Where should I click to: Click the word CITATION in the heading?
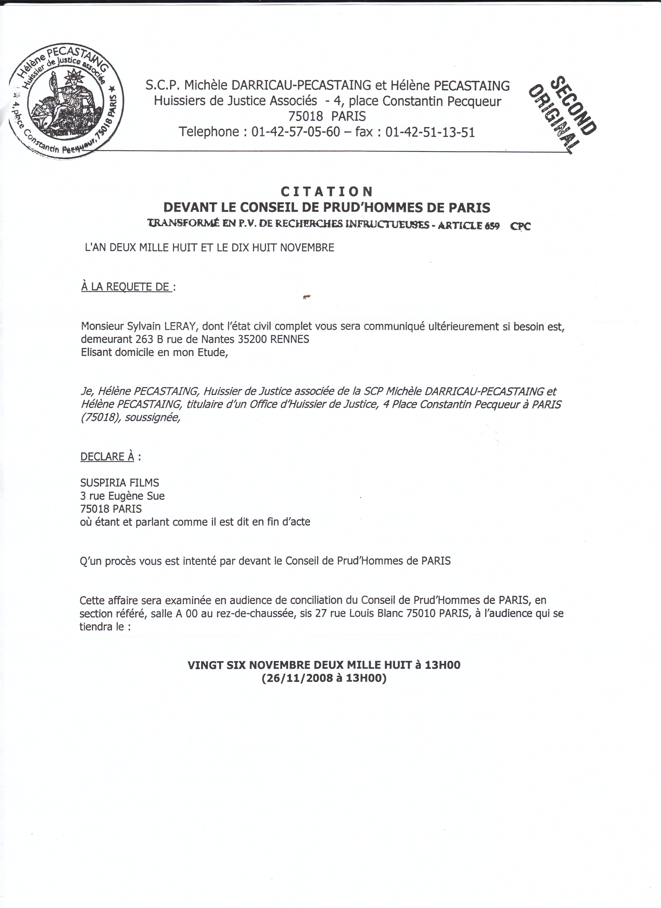327,192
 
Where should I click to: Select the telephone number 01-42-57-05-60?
296,132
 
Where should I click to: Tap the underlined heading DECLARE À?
107,457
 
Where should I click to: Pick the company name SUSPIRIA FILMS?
120,483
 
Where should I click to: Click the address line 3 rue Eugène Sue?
123,496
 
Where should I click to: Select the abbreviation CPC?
520,226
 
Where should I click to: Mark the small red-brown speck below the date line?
307,297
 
